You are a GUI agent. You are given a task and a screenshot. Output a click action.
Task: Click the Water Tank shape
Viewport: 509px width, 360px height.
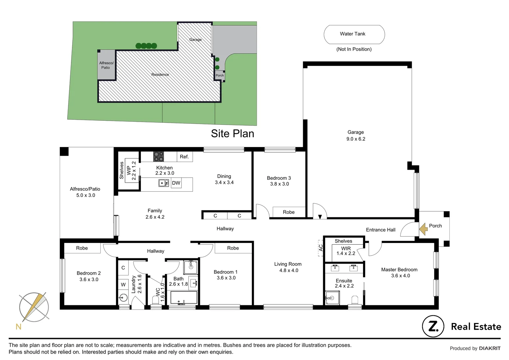point(354,34)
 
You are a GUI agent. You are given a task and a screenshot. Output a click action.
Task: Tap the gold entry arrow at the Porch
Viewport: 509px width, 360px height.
point(423,229)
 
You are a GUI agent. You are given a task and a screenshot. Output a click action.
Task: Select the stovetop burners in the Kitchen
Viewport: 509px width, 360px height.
point(159,156)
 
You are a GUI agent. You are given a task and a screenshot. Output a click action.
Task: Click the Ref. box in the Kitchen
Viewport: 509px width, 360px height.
point(184,157)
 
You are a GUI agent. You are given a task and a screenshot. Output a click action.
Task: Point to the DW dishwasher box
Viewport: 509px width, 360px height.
point(176,183)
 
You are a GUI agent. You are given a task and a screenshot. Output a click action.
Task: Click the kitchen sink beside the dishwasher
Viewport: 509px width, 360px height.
point(164,183)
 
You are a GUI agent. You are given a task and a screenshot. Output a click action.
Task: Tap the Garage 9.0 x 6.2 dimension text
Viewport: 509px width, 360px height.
point(356,139)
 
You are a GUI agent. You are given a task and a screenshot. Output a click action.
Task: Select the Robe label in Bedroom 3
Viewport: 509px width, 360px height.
point(288,212)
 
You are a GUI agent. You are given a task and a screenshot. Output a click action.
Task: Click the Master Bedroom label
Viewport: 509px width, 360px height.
point(399,270)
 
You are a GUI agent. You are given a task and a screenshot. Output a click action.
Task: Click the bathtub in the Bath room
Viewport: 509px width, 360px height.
point(184,298)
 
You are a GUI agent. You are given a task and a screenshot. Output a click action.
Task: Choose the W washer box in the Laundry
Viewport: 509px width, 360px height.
point(123,284)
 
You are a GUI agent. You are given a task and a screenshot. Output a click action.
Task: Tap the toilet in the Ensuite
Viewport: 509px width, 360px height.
point(354,300)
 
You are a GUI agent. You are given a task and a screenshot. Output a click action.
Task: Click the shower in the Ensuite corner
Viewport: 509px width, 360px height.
point(332,298)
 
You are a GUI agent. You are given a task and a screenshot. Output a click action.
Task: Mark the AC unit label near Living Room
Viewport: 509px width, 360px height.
point(321,248)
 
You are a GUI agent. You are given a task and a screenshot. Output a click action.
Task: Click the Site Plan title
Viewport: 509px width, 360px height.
point(233,134)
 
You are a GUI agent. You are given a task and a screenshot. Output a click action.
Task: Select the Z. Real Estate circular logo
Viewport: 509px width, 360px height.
point(433,326)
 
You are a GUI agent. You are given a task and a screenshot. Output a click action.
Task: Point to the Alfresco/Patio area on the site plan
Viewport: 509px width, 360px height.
point(106,65)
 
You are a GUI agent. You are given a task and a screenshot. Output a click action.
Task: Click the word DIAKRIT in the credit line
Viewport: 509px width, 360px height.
point(489,348)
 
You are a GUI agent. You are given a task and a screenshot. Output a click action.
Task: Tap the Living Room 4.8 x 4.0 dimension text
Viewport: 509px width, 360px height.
point(288,270)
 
